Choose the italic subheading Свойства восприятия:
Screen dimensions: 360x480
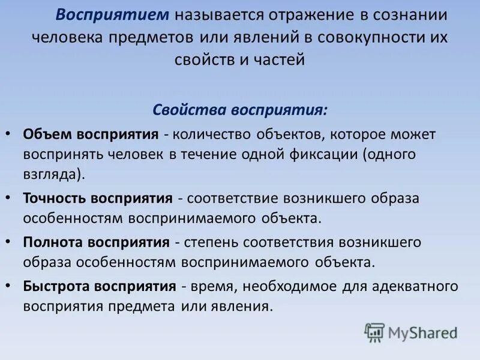[240, 110]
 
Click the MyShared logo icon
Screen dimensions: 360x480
[375, 332]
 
